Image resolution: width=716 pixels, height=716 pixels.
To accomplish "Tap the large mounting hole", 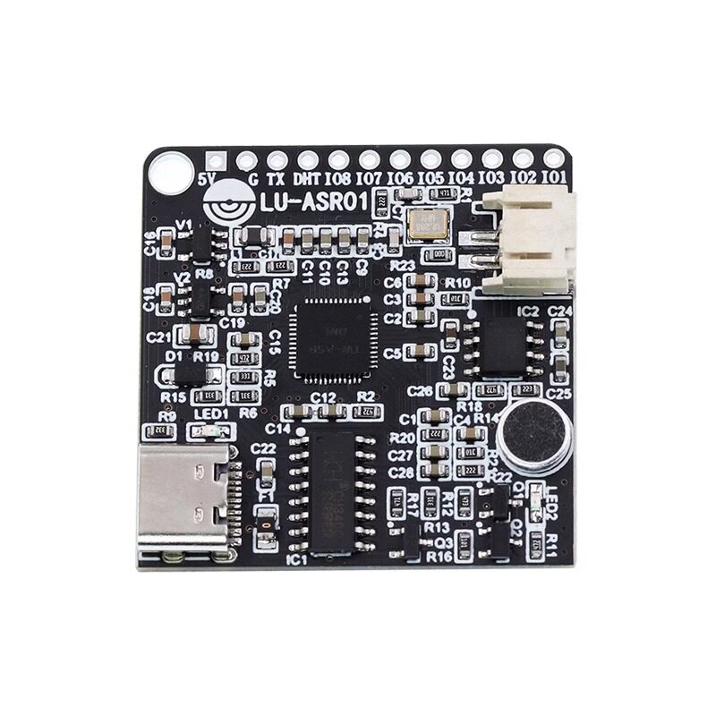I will point(170,167).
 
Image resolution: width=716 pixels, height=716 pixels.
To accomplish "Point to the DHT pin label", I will point(307,178).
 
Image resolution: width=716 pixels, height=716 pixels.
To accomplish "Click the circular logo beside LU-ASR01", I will point(227,204).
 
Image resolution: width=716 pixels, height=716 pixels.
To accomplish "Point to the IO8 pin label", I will point(338,178).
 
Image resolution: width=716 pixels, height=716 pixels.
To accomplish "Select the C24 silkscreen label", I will point(559,310).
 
